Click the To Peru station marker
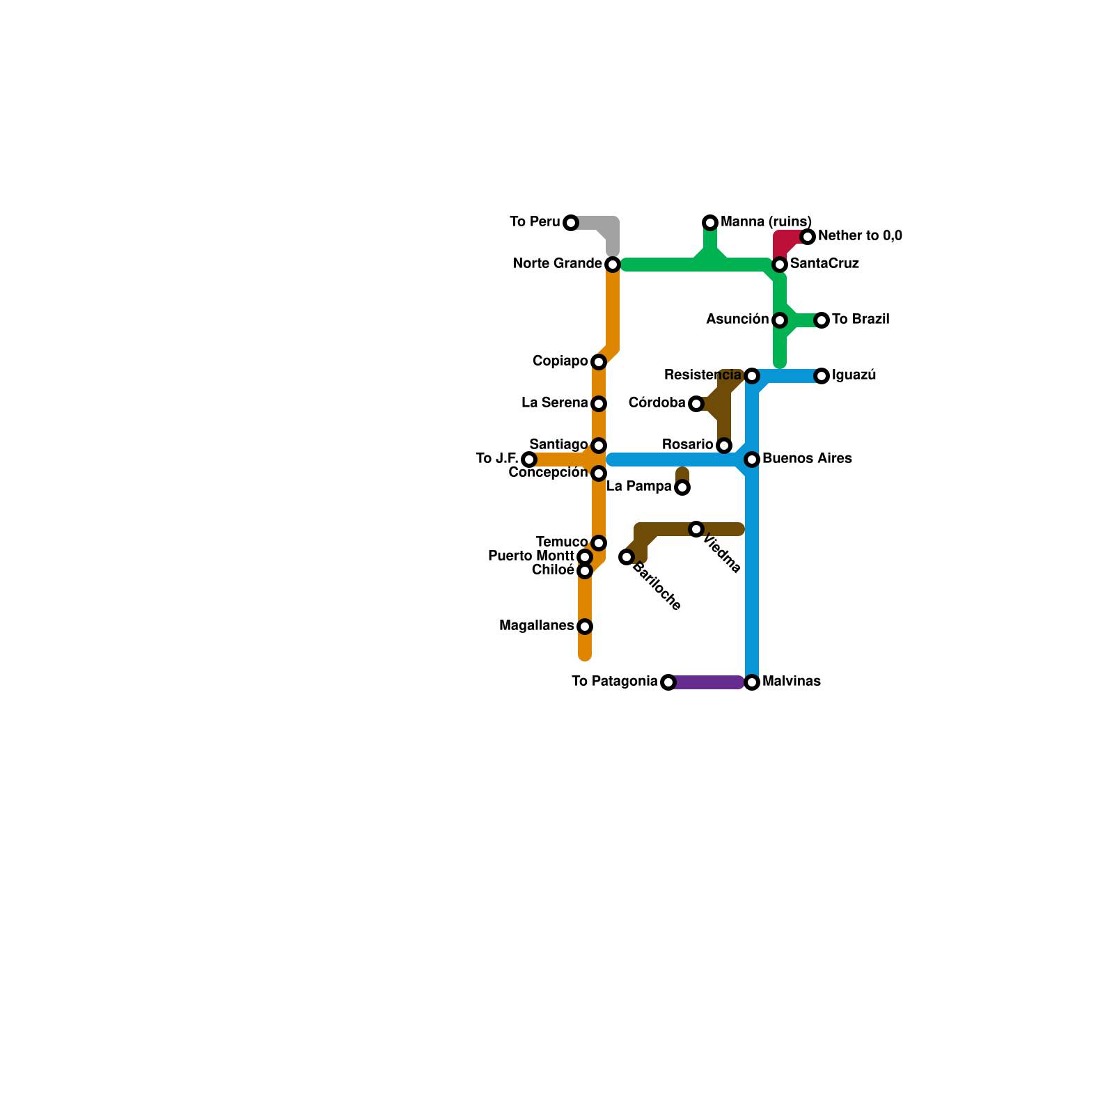point(571,223)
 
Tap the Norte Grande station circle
point(613,265)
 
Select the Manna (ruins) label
point(766,222)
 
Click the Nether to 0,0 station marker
point(808,237)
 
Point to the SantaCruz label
point(824,264)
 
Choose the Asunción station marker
point(780,320)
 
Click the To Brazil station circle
point(822,320)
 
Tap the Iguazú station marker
point(822,376)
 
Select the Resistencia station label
point(703,375)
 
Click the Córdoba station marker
point(696,404)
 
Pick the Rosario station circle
point(724,446)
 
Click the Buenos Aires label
point(807,459)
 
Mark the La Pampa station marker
point(682,487)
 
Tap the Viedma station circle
point(696,529)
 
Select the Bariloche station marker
point(627,557)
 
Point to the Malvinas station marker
point(752,682)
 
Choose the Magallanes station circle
point(585,627)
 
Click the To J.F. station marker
point(529,460)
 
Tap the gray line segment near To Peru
point(595,223)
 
